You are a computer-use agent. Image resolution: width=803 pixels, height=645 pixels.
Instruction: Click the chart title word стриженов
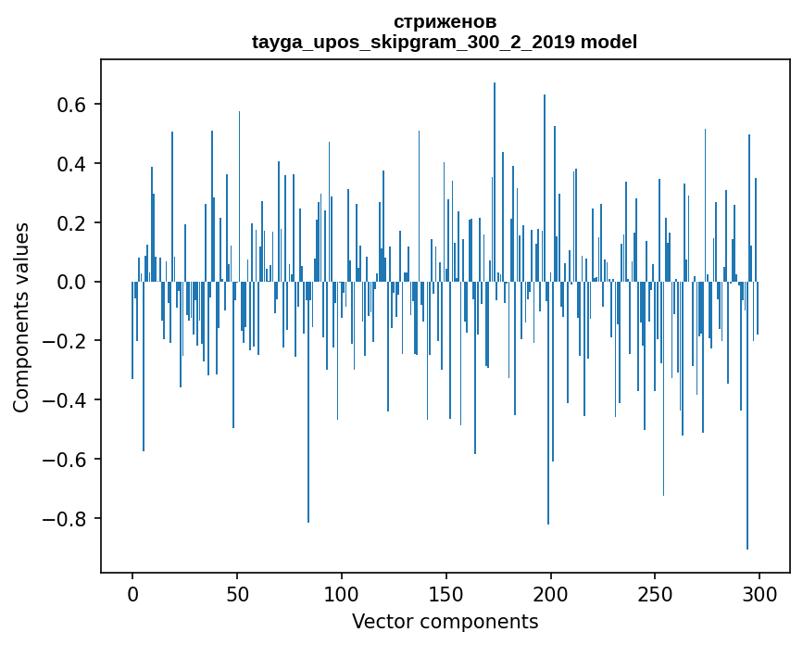445,21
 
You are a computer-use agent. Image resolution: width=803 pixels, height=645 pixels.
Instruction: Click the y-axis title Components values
21,317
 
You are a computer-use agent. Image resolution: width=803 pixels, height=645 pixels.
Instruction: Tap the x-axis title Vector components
445,621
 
